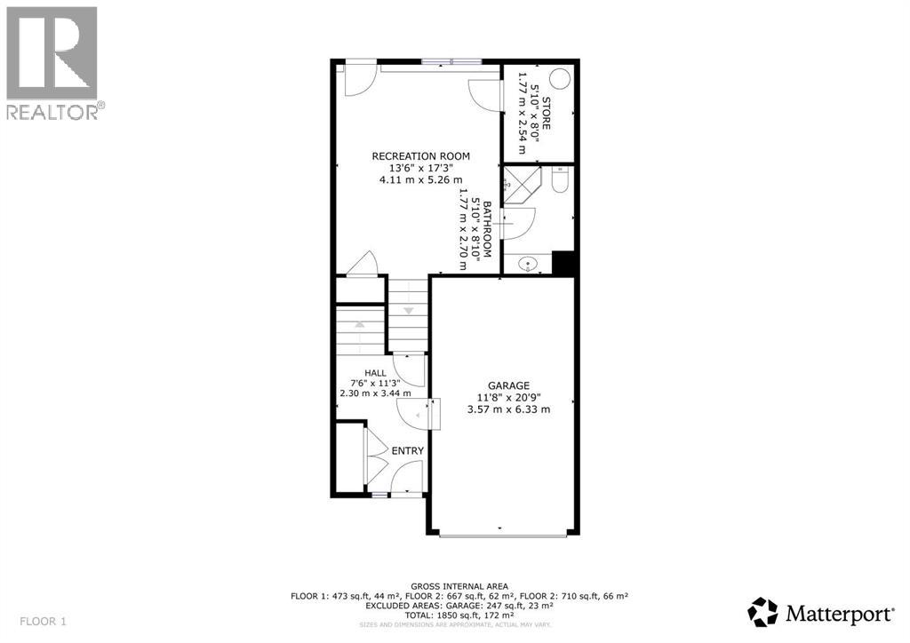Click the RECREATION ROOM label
[x=420, y=156]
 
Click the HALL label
[x=374, y=373]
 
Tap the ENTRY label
[x=407, y=451]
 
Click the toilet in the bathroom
[x=560, y=181]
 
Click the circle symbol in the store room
[x=561, y=78]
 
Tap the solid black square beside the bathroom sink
[x=564, y=264]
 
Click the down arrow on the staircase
[x=409, y=311]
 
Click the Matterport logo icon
[x=762, y=612]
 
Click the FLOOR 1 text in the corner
[x=42, y=620]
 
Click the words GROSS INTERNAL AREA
[x=459, y=586]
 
